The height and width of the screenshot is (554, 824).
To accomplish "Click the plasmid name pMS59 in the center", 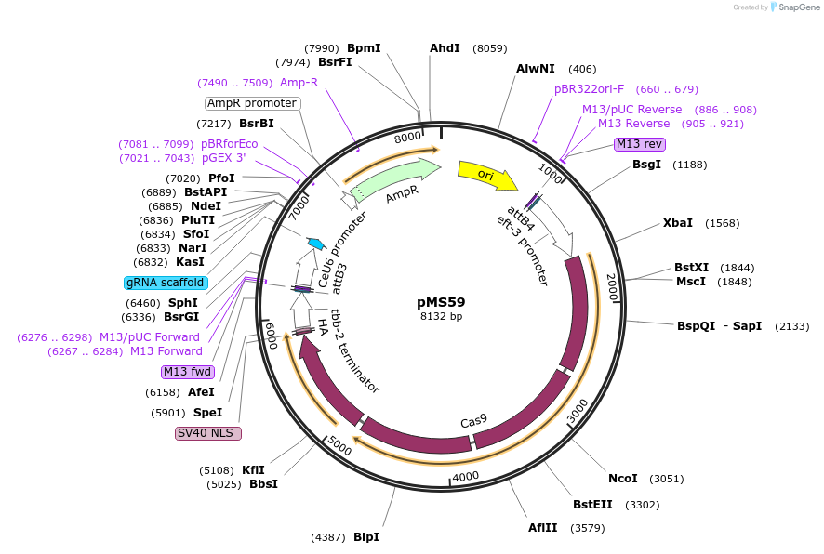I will click(441, 302).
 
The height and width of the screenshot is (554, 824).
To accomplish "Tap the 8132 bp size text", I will click(441, 317).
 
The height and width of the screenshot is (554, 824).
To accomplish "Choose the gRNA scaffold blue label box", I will click(165, 283).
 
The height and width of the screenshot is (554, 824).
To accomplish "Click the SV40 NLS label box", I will click(208, 433).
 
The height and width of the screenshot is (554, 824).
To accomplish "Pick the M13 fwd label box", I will click(187, 372).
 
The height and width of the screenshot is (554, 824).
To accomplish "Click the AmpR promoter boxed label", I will click(252, 103).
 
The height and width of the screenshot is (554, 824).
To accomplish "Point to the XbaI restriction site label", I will click(677, 223).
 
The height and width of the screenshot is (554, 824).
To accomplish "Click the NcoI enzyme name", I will click(622, 479).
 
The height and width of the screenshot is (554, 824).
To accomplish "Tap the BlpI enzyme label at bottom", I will click(366, 537).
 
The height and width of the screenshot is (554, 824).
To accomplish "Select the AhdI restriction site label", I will click(445, 48).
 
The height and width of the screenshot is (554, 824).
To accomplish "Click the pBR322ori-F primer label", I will click(589, 89).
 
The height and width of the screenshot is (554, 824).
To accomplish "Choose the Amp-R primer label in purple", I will click(299, 83).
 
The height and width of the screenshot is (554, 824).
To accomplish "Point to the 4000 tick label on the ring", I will click(464, 476).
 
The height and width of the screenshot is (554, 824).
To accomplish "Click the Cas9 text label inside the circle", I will click(473, 421).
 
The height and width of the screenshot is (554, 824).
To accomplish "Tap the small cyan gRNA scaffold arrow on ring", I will click(316, 244).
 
